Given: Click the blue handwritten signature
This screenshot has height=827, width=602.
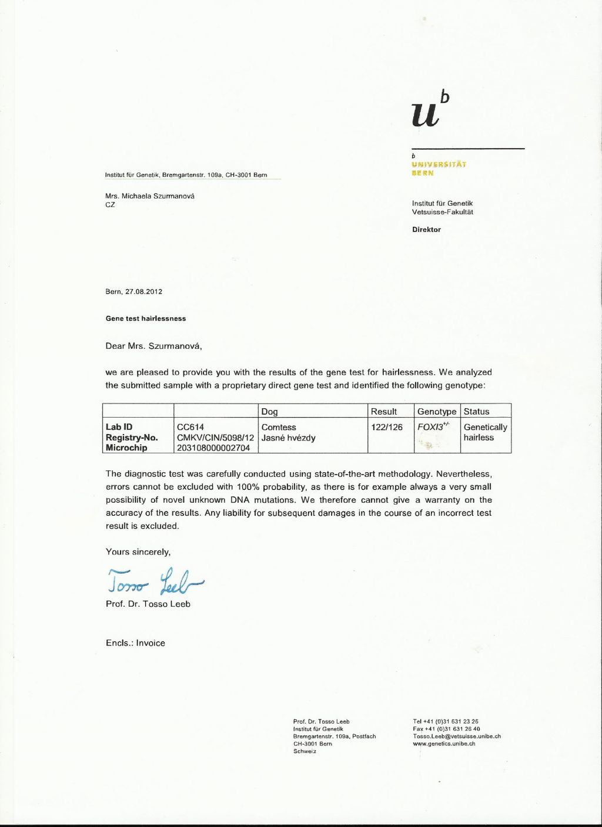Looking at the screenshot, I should pyautogui.click(x=154, y=581).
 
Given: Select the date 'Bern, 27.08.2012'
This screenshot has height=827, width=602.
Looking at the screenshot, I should pyautogui.click(x=133, y=291).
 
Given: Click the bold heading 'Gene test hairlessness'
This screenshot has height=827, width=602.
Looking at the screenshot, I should pyautogui.click(x=146, y=318).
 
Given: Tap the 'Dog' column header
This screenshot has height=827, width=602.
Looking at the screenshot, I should pyautogui.click(x=269, y=412).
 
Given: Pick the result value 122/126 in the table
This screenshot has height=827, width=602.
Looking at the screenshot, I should pyautogui.click(x=387, y=428).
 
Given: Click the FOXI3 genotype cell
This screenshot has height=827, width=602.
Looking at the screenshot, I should pyautogui.click(x=433, y=428).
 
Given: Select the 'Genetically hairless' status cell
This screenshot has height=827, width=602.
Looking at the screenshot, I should pyautogui.click(x=485, y=432).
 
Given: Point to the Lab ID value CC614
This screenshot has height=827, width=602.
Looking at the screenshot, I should pyautogui.click(x=190, y=428).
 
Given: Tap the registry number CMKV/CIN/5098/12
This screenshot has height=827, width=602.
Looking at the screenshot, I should pyautogui.click(x=215, y=438).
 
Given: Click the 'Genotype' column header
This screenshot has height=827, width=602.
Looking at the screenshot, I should pyautogui.click(x=437, y=412).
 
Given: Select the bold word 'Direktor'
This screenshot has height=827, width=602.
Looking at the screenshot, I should pyautogui.click(x=426, y=230).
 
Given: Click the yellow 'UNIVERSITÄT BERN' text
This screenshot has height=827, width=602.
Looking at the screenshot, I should pyautogui.click(x=439, y=169).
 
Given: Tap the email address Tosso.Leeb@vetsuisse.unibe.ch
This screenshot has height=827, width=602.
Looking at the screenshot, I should pyautogui.click(x=457, y=736).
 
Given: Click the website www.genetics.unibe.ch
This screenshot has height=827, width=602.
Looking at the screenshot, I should pyautogui.click(x=444, y=744).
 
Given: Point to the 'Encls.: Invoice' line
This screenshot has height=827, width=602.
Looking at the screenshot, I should pyautogui.click(x=135, y=643).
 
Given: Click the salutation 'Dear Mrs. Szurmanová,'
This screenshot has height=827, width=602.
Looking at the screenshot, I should pyautogui.click(x=153, y=346).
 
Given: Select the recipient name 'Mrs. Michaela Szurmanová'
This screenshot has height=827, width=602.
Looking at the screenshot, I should pyautogui.click(x=150, y=196).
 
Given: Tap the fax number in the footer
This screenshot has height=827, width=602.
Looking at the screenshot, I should pyautogui.click(x=446, y=728).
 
